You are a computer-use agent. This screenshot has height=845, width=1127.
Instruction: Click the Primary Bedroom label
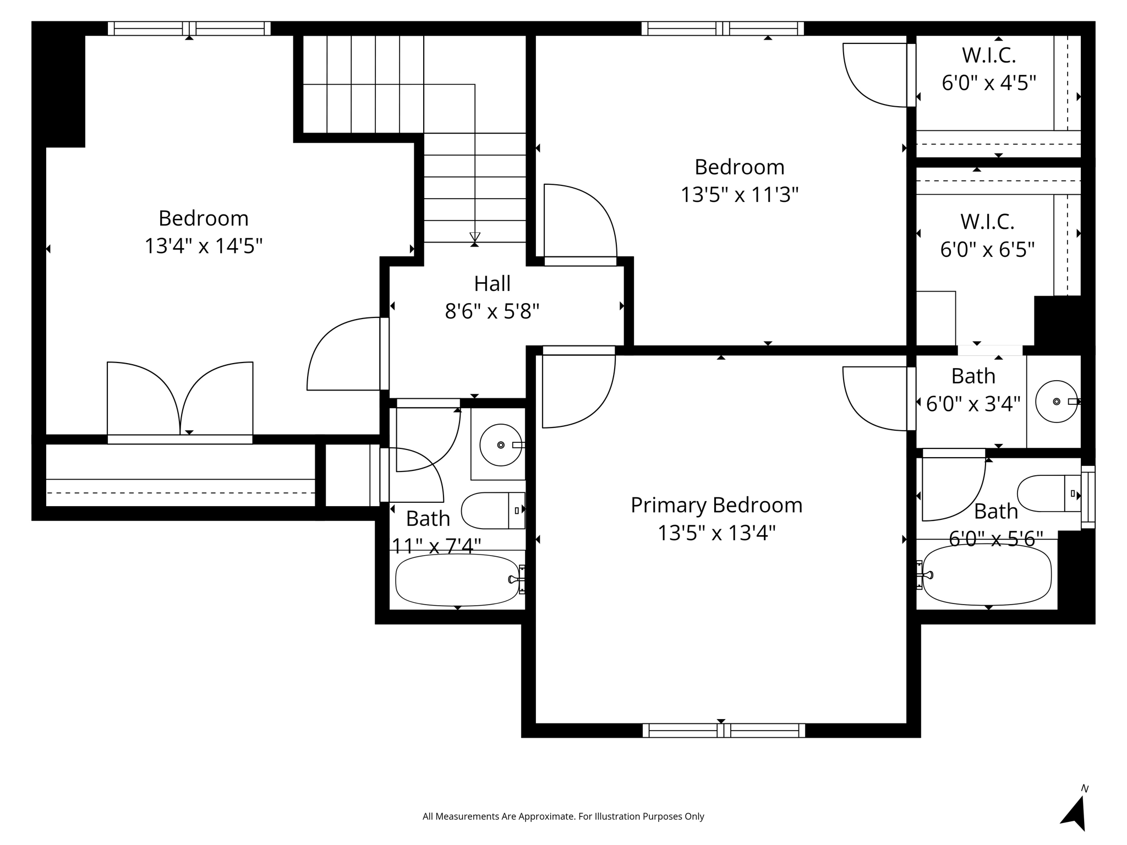[716, 505]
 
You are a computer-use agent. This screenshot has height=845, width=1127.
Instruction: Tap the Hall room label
[492, 284]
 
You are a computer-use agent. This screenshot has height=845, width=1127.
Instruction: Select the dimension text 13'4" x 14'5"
[203, 246]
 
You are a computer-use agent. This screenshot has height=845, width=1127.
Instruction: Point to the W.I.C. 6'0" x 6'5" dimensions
[987, 250]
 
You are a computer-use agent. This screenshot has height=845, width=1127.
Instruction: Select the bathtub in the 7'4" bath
[457, 580]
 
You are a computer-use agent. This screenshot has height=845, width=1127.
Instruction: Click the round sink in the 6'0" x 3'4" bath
[1055, 402]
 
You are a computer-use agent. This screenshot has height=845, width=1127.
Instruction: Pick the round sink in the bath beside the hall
[500, 445]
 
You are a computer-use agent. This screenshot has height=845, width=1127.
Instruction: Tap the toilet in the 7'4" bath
[491, 511]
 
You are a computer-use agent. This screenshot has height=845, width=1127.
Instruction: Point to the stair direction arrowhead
[474, 237]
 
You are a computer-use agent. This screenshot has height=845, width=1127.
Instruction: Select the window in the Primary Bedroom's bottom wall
[723, 730]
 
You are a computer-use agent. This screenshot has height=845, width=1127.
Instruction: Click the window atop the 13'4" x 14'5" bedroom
[189, 28]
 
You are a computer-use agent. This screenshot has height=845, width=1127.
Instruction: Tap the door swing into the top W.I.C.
[875, 75]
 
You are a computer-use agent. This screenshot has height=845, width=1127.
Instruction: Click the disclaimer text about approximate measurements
[563, 816]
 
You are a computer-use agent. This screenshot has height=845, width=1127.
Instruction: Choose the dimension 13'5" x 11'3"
[739, 195]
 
